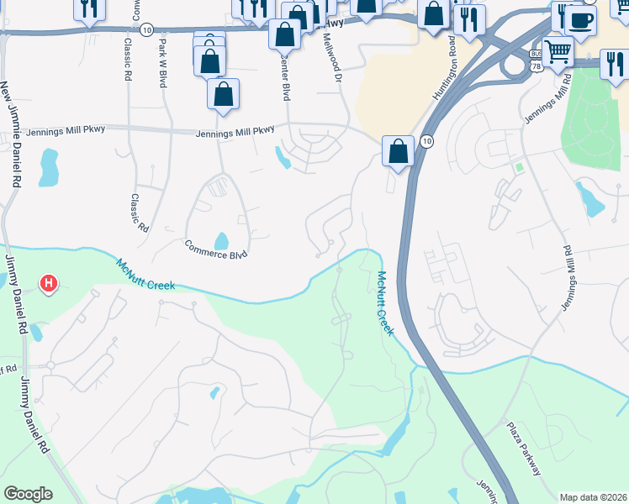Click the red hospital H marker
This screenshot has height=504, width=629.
tap(49, 284)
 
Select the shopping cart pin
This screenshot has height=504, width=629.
tap(558, 50)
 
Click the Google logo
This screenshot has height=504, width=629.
tap(28, 493)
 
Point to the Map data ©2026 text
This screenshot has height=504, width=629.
tap(593, 497)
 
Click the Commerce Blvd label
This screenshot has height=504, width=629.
tap(216, 249)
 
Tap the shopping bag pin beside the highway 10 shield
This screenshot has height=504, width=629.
tap(399, 152)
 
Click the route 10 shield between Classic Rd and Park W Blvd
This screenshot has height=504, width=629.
tap(147, 29)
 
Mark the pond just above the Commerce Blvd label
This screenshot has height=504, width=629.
tap(221, 241)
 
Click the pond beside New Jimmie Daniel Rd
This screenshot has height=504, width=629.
tap(49, 168)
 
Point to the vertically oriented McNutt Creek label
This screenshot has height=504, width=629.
tap(384, 303)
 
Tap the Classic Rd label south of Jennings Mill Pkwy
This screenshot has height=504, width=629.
tap(138, 213)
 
